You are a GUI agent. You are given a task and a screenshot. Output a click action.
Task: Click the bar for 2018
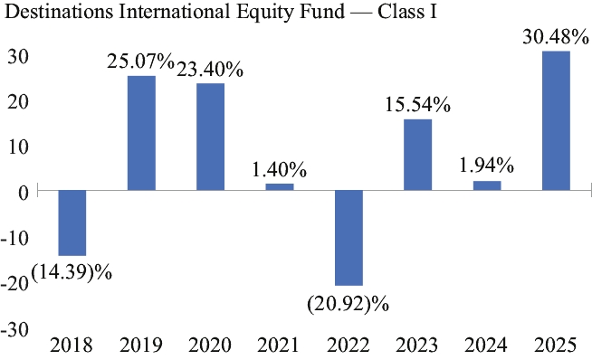[72, 223]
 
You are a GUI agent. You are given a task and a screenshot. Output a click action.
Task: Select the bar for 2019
[141, 133]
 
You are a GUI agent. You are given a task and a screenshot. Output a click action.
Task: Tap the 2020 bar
[210, 137]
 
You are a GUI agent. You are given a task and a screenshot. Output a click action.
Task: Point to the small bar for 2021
[280, 187]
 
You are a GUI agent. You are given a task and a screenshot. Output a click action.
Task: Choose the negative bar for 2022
[349, 238]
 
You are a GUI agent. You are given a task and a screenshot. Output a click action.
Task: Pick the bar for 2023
[417, 155]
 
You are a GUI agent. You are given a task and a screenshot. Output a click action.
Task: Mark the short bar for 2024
[487, 186]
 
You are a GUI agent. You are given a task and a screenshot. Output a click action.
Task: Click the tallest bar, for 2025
[556, 121]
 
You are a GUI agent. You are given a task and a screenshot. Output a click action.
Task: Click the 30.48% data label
[556, 37]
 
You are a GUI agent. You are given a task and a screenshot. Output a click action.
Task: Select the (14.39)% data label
[72, 272]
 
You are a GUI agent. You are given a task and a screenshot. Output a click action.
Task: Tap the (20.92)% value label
[349, 303]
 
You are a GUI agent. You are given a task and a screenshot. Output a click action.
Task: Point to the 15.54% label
[417, 105]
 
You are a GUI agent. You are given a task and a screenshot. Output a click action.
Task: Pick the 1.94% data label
[486, 166]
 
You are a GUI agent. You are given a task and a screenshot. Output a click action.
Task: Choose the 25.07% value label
[140, 62]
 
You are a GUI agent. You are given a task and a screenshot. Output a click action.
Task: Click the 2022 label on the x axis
[349, 345]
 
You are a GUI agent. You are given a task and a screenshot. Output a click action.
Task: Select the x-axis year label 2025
[556, 345]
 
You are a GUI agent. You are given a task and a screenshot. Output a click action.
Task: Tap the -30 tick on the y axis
[14, 329]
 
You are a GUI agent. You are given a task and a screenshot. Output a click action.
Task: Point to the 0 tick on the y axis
[24, 194]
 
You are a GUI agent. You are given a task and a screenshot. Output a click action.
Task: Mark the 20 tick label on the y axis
[18, 102]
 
